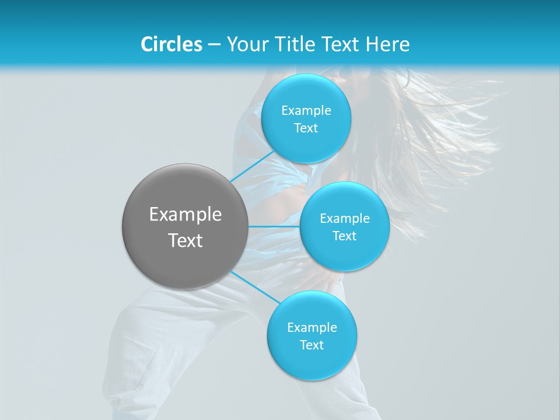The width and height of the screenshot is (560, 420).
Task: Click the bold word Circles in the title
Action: click(x=171, y=44)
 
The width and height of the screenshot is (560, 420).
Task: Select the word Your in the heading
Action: click(x=247, y=44)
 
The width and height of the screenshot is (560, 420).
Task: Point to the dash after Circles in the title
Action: click(x=214, y=45)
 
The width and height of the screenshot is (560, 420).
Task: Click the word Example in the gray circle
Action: click(x=185, y=215)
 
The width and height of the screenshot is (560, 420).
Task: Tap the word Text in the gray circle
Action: click(x=185, y=240)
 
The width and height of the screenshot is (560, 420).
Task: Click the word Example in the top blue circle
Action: click(x=306, y=111)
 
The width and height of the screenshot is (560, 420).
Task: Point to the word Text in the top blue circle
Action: click(x=306, y=128)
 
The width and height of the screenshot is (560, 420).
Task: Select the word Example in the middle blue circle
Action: click(x=345, y=219)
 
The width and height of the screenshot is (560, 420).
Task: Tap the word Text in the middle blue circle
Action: click(x=345, y=236)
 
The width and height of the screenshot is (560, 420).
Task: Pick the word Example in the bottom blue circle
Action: click(x=312, y=328)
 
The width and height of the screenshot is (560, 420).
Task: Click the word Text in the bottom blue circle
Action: click(x=312, y=345)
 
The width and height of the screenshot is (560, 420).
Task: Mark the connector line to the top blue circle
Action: click(x=252, y=166)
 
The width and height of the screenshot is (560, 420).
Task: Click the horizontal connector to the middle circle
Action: click(x=274, y=226)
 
